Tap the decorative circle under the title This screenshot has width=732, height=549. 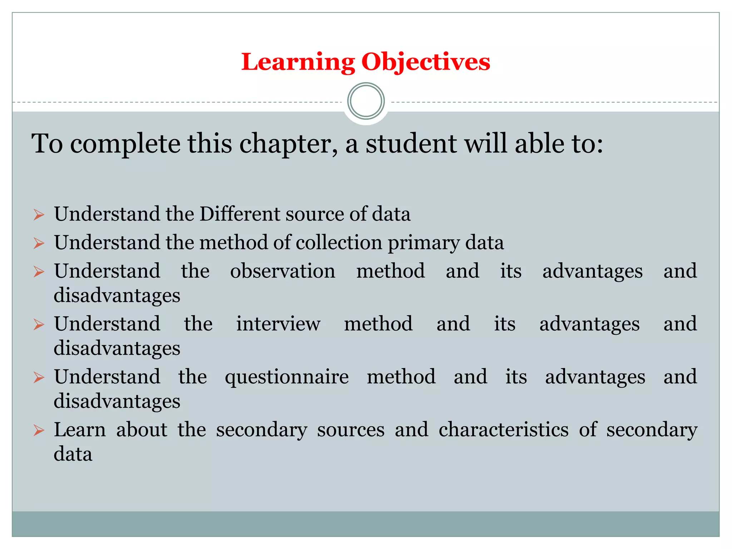366,101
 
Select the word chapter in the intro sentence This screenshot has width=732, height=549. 288,144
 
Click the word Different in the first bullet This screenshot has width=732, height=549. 239,214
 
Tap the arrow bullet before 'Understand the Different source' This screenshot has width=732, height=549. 39,215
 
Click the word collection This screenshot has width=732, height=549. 339,242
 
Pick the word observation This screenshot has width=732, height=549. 282,271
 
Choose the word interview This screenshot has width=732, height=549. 278,324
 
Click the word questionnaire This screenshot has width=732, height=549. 287,377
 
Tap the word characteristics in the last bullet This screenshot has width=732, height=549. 503,430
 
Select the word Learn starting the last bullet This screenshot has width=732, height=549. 80,430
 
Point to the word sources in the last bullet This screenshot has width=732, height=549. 351,430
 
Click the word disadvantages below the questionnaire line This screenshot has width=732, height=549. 117,401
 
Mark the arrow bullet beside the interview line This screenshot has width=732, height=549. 39,325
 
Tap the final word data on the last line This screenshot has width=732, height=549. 73,454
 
